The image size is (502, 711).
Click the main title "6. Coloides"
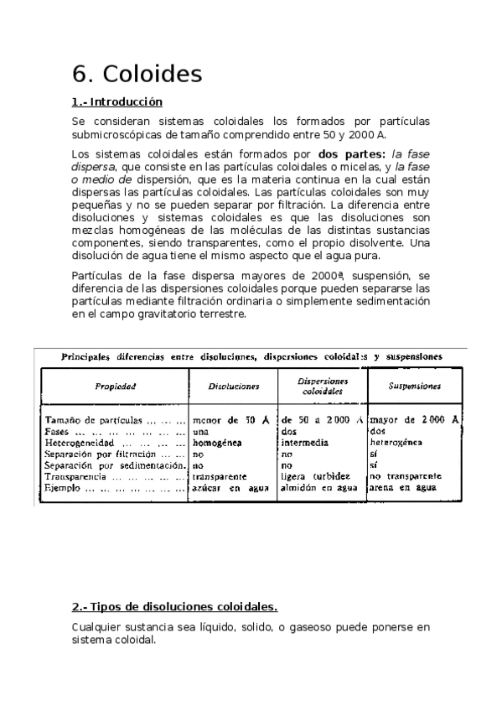[137, 74]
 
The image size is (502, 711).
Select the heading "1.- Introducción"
[116, 102]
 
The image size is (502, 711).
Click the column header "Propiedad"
[115, 387]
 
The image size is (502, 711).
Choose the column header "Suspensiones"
[416, 387]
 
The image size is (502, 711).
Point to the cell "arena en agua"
[401, 486]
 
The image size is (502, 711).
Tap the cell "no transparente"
[405, 475]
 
